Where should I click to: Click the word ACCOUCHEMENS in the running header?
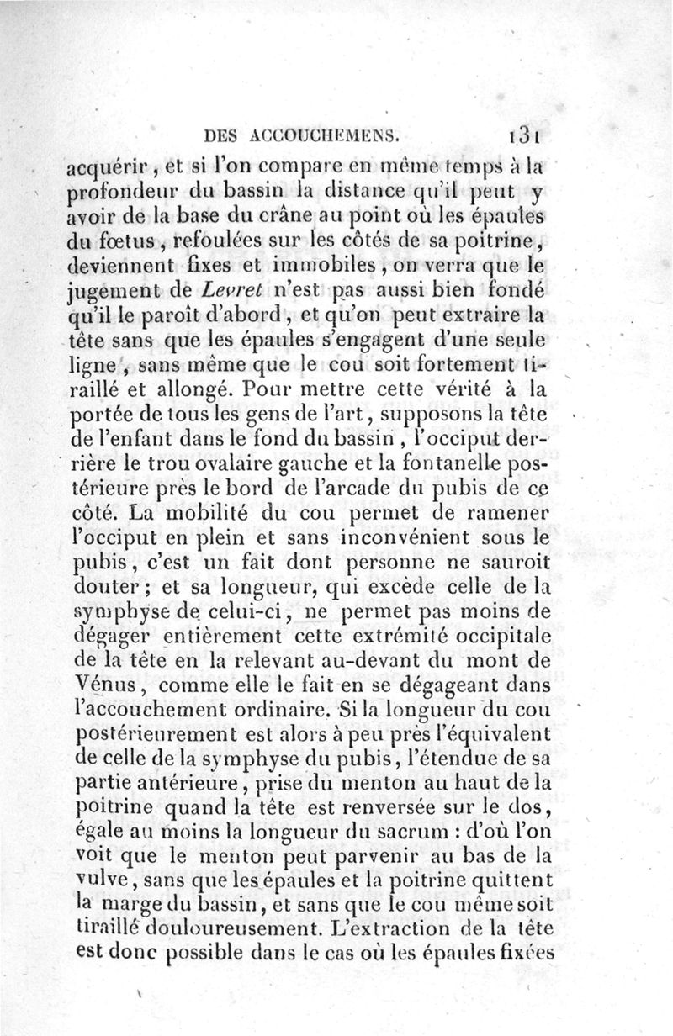(x=323, y=135)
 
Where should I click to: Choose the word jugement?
(x=109, y=294)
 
